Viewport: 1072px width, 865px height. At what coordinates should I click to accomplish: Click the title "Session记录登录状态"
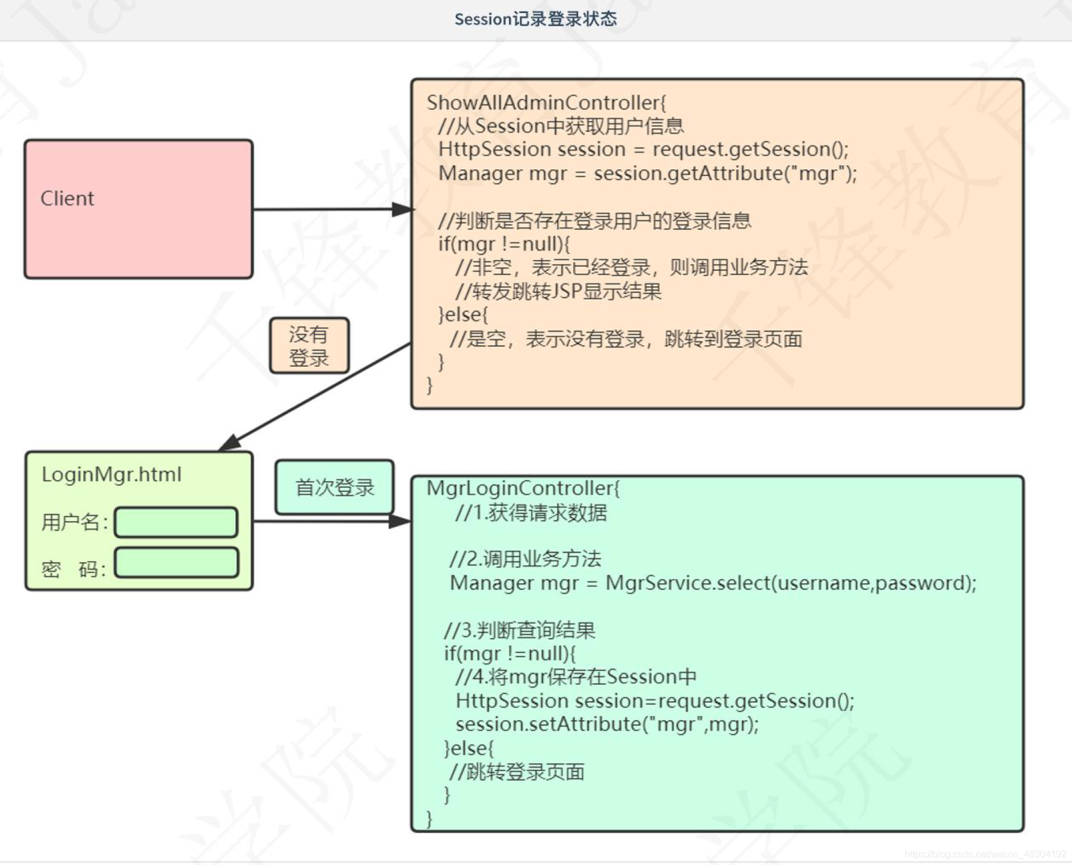tap(535, 19)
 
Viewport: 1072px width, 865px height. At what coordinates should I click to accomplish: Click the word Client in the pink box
tap(67, 198)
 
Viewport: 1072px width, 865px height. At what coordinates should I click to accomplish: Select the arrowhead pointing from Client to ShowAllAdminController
tap(402, 209)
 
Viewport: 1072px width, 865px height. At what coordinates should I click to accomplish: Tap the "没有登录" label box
tap(309, 346)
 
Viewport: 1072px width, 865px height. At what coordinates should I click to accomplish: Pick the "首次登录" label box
tap(334, 487)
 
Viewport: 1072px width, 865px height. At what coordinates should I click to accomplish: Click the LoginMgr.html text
tap(112, 475)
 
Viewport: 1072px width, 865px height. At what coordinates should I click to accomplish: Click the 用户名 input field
tap(177, 522)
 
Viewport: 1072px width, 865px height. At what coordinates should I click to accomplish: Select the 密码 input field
tap(177, 563)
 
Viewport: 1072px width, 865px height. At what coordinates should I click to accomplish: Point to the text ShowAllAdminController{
tap(546, 103)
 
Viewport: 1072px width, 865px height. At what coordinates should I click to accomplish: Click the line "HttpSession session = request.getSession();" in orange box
tap(643, 149)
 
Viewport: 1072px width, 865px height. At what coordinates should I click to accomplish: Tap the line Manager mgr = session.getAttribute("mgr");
tap(647, 173)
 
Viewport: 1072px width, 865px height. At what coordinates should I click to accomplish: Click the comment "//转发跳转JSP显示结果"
tap(558, 292)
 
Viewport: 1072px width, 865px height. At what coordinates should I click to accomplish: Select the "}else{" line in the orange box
tap(463, 314)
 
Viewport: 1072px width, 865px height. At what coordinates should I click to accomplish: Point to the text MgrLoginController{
tap(523, 488)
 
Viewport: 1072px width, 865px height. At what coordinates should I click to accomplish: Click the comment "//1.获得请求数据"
tap(531, 513)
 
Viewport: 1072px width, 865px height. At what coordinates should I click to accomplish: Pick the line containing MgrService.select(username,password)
tap(713, 583)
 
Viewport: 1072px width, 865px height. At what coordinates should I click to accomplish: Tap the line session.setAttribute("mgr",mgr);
tap(607, 724)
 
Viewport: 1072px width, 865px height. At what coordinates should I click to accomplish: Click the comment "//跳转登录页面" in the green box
tap(517, 772)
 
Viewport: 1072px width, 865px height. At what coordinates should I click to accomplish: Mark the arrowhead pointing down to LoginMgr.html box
tap(230, 443)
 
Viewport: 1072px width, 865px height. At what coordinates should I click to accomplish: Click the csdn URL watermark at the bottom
tap(985, 854)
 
